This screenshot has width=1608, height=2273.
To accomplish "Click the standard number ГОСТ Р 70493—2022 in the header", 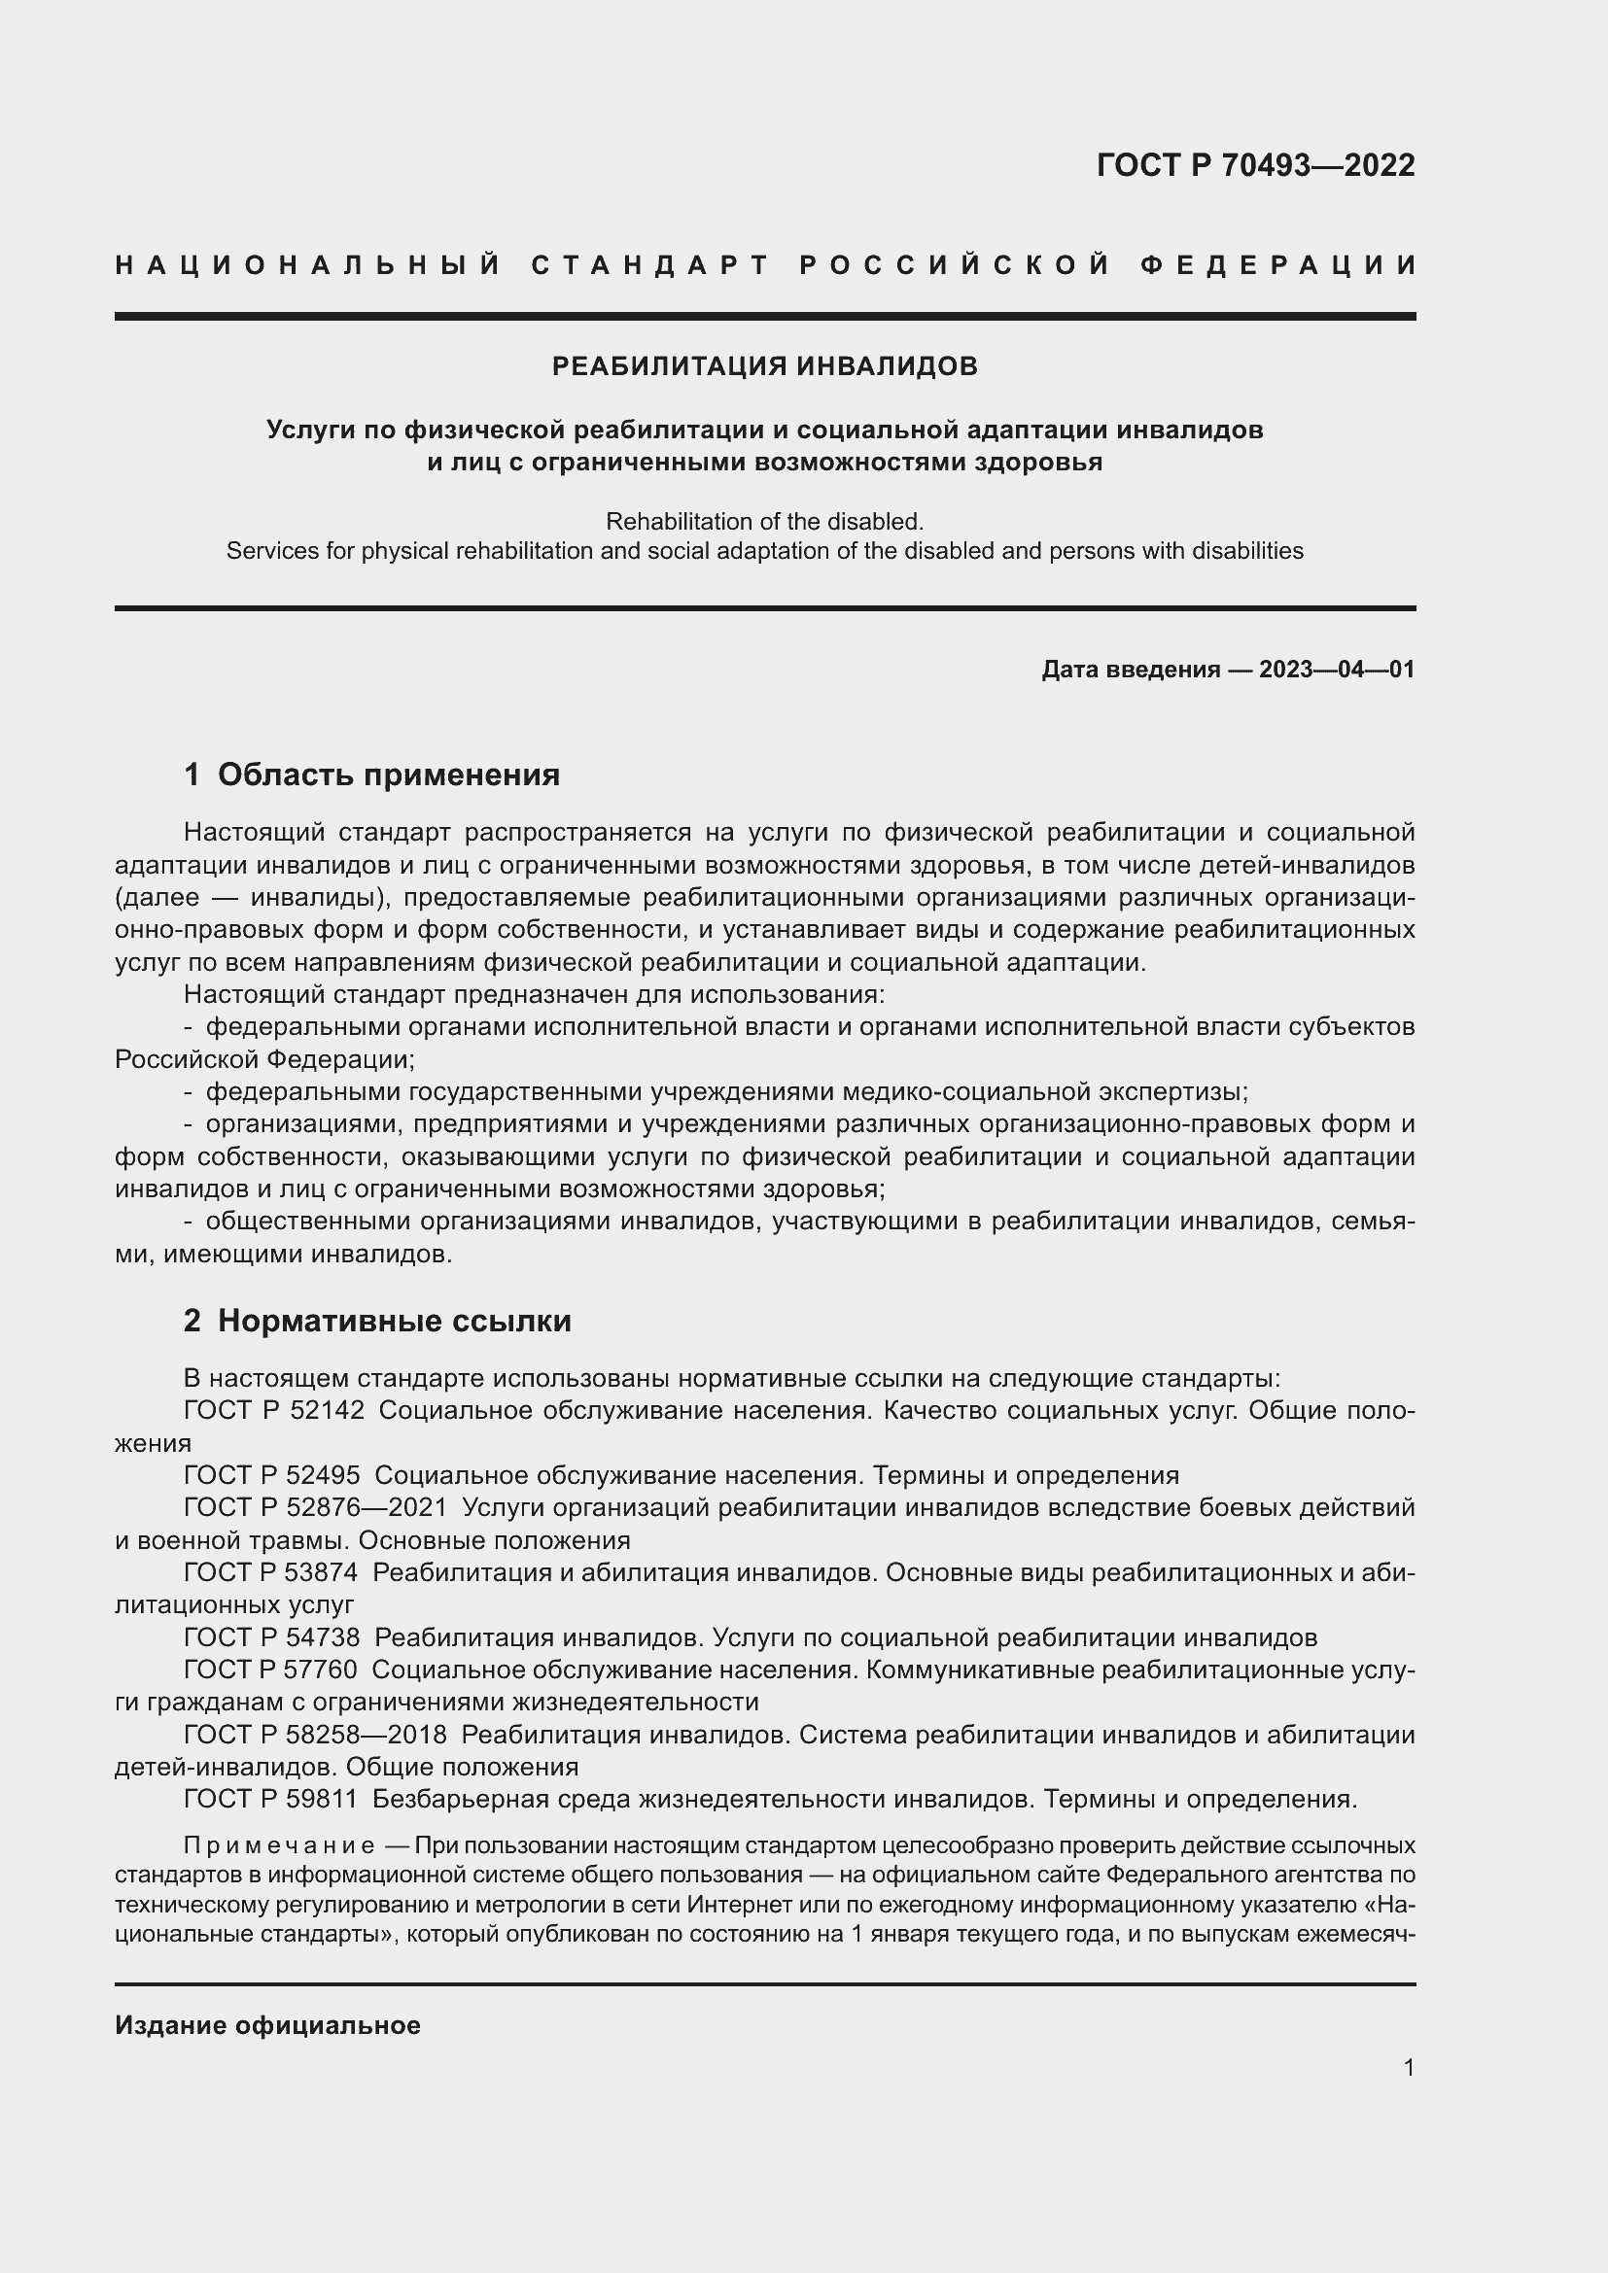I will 1254,164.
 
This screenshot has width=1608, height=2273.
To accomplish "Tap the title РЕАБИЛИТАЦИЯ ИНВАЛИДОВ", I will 764,366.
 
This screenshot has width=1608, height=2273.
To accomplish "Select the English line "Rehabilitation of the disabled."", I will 764,521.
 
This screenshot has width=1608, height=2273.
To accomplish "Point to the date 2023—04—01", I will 1336,670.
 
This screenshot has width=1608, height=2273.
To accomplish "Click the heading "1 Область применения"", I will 371,775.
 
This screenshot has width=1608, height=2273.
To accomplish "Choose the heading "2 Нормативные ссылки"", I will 377,1321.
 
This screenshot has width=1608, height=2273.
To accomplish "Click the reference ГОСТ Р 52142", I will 274,1410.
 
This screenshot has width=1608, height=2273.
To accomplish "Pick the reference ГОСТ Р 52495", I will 272,1475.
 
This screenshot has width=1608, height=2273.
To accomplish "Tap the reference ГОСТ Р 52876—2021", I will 316,1508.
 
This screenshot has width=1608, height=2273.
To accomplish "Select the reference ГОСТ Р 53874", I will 272,1572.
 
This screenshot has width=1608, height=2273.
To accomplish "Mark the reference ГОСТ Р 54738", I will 272,1637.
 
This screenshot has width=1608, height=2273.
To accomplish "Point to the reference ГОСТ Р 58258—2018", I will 316,1735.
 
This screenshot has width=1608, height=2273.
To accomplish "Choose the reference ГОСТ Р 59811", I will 272,1799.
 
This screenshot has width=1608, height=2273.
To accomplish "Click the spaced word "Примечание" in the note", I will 279,1845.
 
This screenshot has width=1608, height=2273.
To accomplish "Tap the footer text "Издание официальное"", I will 267,2025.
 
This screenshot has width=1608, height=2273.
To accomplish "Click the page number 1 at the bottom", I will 1408,2067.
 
